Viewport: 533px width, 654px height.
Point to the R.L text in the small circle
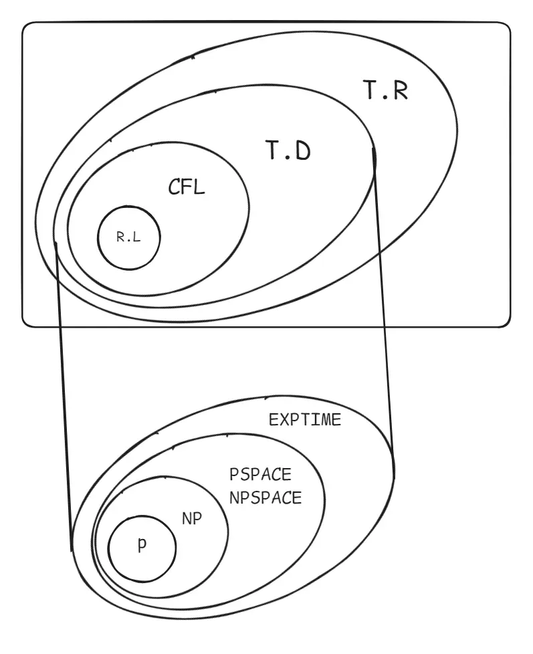pos(128,238)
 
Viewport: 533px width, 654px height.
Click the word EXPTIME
pos(305,421)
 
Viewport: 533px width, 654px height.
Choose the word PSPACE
pos(260,475)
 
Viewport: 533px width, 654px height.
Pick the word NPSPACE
pos(265,498)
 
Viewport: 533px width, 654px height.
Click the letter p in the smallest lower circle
pos(141,546)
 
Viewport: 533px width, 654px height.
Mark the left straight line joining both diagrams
pos(64,395)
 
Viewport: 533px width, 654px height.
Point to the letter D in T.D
pos(303,152)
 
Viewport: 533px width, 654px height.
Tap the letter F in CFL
pos(185,187)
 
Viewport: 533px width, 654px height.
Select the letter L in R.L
pos(137,238)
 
